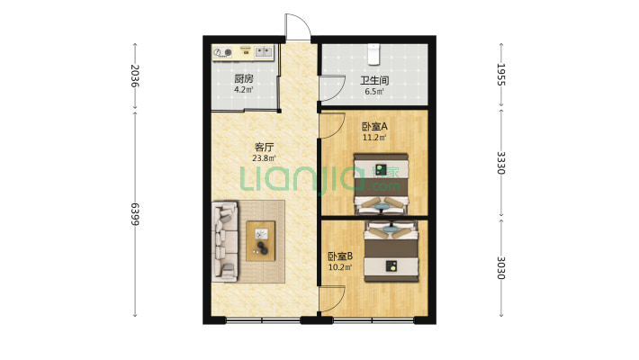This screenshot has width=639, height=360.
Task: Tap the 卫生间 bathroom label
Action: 374,78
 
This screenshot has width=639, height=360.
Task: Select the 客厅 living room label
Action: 265,148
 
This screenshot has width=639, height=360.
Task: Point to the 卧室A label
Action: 374,127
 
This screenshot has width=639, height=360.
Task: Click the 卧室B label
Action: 339,256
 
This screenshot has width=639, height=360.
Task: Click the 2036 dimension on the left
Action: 135,76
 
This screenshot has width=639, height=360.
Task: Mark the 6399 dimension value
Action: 135,215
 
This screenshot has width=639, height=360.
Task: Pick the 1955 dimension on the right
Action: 500,75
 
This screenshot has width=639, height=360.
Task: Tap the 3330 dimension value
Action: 500,163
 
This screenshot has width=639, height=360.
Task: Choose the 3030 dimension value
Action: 500,269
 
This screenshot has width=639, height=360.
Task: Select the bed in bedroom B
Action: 392,253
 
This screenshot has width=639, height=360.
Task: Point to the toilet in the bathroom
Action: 374,51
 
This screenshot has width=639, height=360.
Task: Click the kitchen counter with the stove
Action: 243,52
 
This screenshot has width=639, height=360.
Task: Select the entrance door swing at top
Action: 298,28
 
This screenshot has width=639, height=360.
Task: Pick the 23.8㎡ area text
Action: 265,161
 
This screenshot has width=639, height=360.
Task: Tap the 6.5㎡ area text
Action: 374,91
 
